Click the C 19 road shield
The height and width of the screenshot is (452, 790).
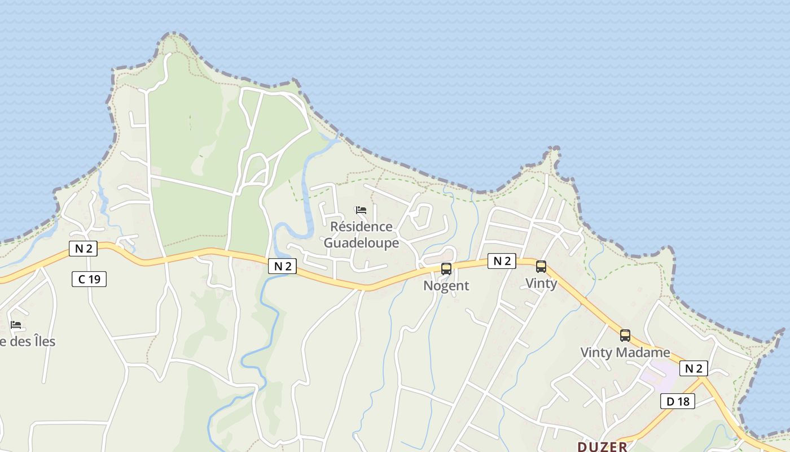pos(89,279)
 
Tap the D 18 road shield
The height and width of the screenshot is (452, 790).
pos(678,401)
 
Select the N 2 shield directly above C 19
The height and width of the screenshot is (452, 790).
pos(83,248)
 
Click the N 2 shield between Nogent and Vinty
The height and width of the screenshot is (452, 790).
pos(502,260)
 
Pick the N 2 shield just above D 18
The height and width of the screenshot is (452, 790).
pos(694,368)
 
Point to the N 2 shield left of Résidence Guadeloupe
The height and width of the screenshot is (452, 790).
pos(282,266)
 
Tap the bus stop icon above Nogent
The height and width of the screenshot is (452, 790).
pos(446,269)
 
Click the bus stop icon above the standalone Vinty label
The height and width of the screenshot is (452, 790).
pos(541,267)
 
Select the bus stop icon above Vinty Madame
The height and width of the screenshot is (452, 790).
pos(625,335)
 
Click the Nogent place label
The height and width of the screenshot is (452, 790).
pos(446,285)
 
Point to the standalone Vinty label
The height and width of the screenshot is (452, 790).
pos(541,283)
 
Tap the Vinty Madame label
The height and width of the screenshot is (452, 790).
pos(625,353)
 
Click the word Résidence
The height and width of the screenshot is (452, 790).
pos(361,227)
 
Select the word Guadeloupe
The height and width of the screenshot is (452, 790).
pos(361,243)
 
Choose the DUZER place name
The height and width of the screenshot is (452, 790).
pos(602,446)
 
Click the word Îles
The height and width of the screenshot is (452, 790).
pos(42,341)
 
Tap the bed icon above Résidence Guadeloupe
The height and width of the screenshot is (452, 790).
pos(361,210)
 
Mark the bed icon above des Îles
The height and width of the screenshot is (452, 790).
pos(16,325)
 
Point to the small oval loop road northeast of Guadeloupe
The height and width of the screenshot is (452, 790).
pos(420,216)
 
